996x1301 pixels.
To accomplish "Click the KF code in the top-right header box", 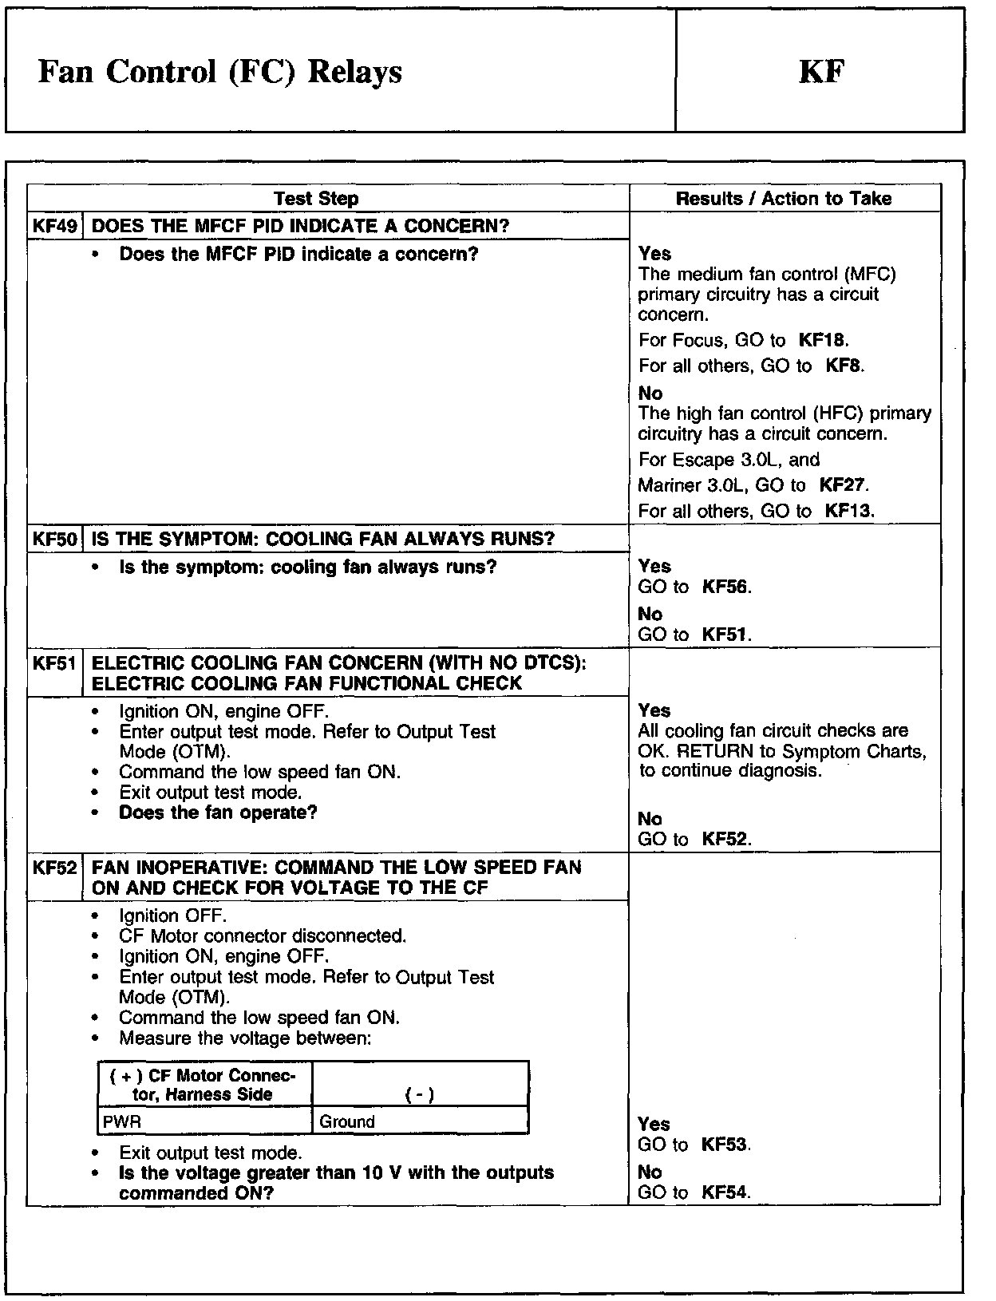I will coord(821,72).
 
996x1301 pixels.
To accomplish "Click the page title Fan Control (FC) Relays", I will coord(219,72).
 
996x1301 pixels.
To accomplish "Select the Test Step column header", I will coord(316,199).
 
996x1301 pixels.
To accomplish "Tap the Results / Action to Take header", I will coord(784,199).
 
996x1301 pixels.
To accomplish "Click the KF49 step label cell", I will coord(55,226).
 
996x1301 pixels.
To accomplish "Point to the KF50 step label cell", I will coord(55,539).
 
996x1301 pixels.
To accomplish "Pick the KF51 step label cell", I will coord(55,663).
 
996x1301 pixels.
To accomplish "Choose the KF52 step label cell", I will coord(55,868).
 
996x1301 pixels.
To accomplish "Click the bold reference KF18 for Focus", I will coord(823,341).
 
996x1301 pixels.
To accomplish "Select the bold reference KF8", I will coord(844,366).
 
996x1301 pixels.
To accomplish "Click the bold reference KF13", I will coord(849,512).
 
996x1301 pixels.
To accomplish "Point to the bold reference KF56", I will coord(725,587).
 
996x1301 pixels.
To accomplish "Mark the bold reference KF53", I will coord(725,1145).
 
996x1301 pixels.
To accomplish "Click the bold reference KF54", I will coord(725,1192).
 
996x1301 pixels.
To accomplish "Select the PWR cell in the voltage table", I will coord(122,1121).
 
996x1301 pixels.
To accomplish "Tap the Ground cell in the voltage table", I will coord(347,1121).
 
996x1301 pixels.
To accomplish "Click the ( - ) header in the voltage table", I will coord(420,1095).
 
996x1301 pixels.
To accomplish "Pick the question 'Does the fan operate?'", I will coord(218,813).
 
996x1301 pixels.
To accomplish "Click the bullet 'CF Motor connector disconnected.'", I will coord(263,936).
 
